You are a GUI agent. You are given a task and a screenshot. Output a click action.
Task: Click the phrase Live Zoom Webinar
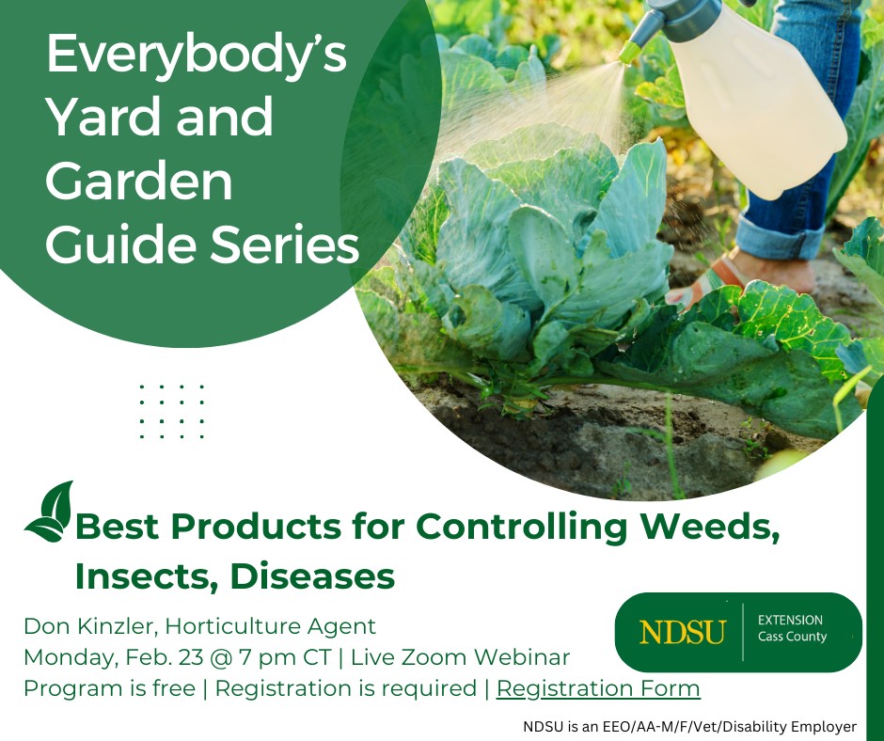[x=460, y=657]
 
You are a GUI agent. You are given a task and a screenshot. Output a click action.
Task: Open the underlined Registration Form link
[x=598, y=688]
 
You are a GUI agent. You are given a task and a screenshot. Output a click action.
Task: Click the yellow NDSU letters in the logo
[x=682, y=632]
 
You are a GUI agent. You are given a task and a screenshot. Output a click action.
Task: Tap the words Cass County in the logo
[x=792, y=638]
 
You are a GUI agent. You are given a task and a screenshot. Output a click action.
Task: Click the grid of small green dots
[x=172, y=411]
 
